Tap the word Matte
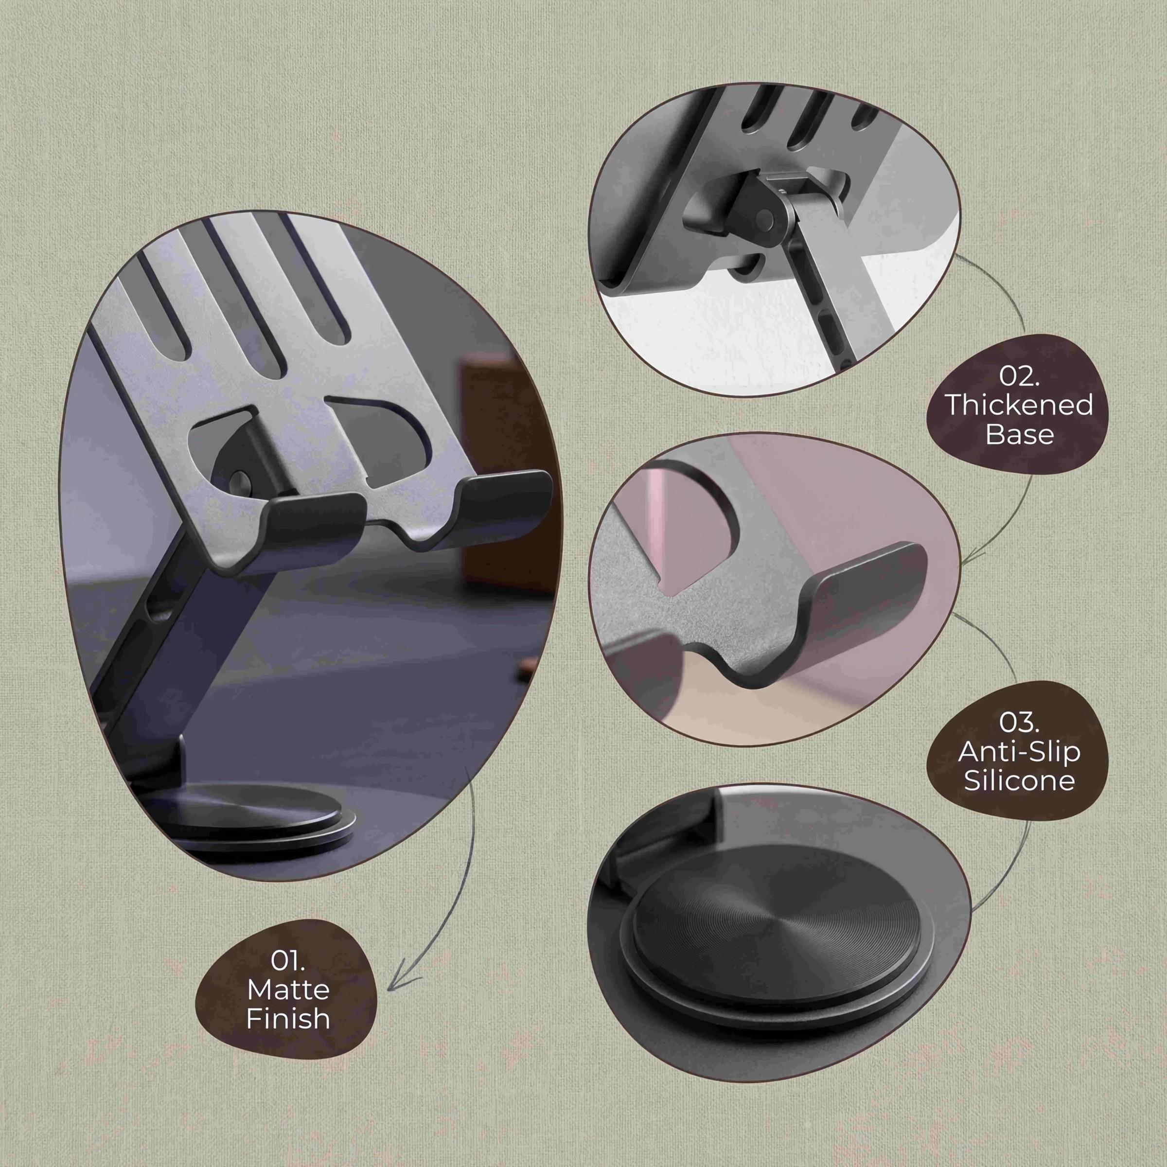pos(288,990)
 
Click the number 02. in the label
pos(1019,376)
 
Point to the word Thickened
pos(1019,405)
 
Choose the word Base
pos(1020,434)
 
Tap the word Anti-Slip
pos(1019,751)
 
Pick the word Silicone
pos(1019,780)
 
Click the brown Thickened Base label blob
pos(1020,405)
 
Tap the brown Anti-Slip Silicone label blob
pos(1019,751)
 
